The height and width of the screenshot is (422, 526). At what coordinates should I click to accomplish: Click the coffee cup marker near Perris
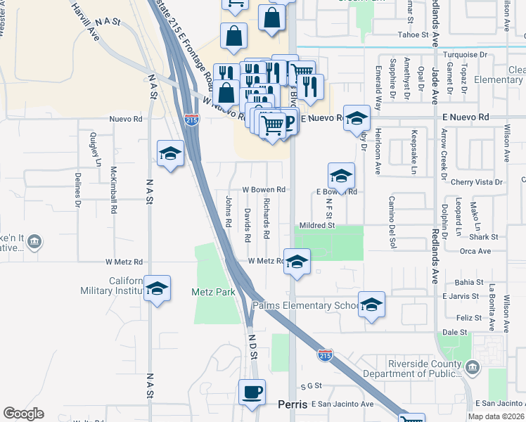pyautogui.click(x=252, y=392)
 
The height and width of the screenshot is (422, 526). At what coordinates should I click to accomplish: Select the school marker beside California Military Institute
pyautogui.click(x=158, y=288)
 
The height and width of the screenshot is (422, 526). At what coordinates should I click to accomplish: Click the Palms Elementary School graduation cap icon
pyautogui.click(x=371, y=305)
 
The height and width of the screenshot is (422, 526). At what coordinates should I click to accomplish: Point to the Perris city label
pyautogui.click(x=293, y=405)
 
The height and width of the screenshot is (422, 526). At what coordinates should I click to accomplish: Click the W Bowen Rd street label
pyautogui.click(x=264, y=189)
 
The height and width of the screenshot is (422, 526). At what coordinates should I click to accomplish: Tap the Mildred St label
pyautogui.click(x=314, y=226)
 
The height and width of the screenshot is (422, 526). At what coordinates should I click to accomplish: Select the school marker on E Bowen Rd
pyautogui.click(x=341, y=176)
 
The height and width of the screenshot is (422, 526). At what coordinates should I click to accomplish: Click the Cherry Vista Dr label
pyautogui.click(x=478, y=181)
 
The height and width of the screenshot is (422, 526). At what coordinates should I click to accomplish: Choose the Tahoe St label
pyautogui.click(x=413, y=34)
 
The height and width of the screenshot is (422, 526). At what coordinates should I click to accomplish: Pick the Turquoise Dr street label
pyautogui.click(x=459, y=53)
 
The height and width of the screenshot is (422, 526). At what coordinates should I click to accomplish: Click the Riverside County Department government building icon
pyautogui.click(x=472, y=366)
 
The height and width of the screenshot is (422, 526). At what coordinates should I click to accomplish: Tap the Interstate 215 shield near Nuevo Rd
pyautogui.click(x=190, y=120)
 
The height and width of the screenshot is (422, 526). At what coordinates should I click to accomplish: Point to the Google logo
pyautogui.click(x=23, y=414)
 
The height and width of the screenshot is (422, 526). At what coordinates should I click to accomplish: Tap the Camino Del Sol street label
pyautogui.click(x=392, y=222)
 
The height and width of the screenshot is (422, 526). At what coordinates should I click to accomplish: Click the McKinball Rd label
pyautogui.click(x=113, y=190)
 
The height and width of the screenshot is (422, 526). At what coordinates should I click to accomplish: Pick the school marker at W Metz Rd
pyautogui.click(x=297, y=262)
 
